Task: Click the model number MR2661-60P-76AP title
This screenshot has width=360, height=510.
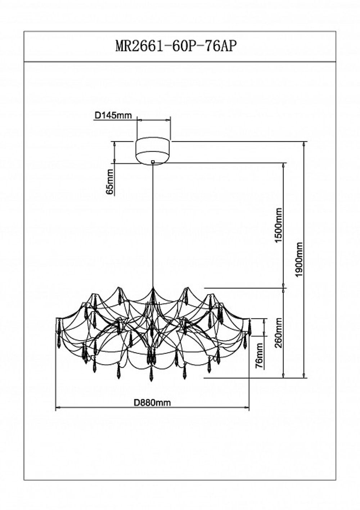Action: click(x=176, y=46)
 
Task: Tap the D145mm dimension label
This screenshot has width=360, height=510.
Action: click(x=113, y=116)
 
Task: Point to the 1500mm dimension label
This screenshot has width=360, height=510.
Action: click(x=278, y=225)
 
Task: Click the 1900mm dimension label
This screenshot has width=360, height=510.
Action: click(x=299, y=259)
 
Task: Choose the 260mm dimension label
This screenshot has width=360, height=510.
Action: click(x=278, y=333)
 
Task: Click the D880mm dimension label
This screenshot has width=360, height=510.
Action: click(x=152, y=403)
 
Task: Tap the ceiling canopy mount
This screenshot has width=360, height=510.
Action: click(x=153, y=150)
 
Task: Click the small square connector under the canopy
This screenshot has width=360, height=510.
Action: click(x=153, y=162)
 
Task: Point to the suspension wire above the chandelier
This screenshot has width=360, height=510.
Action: click(x=153, y=223)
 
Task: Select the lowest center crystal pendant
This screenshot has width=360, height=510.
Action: click(x=151, y=375)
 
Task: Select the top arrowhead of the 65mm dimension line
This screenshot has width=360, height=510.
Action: click(x=114, y=144)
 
